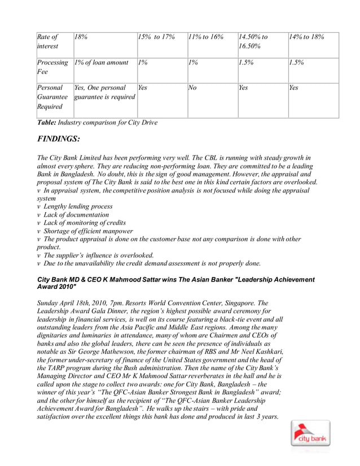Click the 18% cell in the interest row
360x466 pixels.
pos(81,37)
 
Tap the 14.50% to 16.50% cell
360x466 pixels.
pos(252,42)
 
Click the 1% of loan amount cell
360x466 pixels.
pos(101,63)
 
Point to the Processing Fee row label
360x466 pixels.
pos(52,68)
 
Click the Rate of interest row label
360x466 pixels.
pos(50,42)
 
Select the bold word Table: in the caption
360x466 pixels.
pos(48,122)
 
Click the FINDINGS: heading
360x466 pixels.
pos(58,138)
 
